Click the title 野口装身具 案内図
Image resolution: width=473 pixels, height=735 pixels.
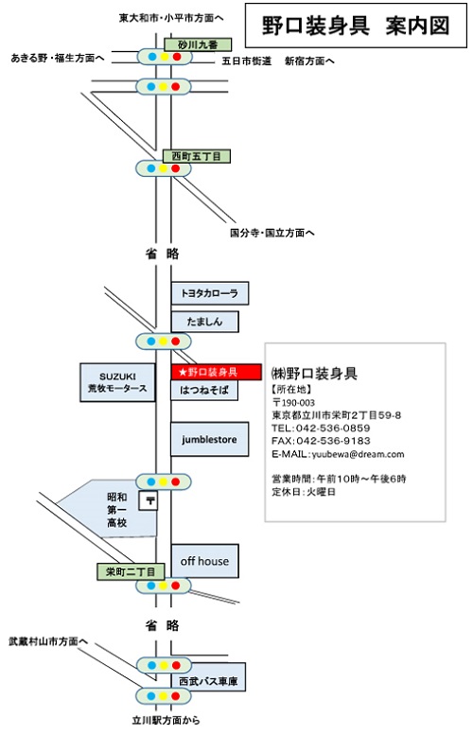point(356,26)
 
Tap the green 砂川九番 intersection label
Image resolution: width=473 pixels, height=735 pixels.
point(198,45)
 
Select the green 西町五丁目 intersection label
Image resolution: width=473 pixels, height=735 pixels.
point(197,156)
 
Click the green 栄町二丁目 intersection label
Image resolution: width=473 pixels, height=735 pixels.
point(131,571)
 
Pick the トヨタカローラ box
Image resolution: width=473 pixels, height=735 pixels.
point(210,293)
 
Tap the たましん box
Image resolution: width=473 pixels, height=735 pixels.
point(204,322)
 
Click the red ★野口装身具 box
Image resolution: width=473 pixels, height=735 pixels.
point(216,372)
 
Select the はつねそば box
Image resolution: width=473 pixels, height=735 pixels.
point(204,390)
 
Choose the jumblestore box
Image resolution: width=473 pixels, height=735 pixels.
point(209,439)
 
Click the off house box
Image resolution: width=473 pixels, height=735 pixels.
point(205,561)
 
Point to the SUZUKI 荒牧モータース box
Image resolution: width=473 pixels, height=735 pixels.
point(117,382)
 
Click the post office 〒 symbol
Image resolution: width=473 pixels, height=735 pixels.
point(149,500)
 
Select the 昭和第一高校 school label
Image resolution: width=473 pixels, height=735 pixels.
point(117,510)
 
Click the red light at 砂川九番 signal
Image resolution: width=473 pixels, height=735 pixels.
point(177,57)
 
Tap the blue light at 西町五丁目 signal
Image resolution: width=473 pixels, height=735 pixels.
point(151,168)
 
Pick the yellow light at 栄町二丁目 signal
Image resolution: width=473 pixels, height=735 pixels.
point(163,586)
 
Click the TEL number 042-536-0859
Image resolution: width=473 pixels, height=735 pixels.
point(333,428)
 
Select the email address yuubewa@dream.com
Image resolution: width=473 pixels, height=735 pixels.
point(358,454)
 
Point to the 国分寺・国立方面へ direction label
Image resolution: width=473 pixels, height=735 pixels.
point(272,233)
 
